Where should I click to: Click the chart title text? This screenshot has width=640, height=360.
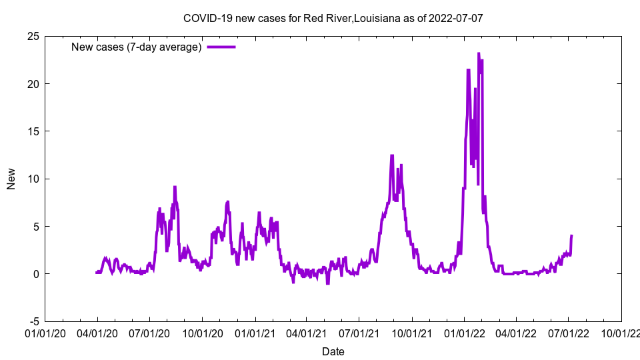(x=333, y=18)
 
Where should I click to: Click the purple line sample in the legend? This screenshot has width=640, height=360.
(x=221, y=47)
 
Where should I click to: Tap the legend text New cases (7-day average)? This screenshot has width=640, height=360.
(x=136, y=47)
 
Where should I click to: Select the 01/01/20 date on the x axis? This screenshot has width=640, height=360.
(x=45, y=332)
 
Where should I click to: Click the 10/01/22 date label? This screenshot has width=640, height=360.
(x=621, y=332)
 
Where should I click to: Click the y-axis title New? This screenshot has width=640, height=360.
(x=11, y=179)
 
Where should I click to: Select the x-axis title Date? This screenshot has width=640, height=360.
(x=333, y=351)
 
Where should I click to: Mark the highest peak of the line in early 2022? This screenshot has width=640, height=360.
(x=479, y=53)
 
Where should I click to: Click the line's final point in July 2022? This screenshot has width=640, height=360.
(x=572, y=235)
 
